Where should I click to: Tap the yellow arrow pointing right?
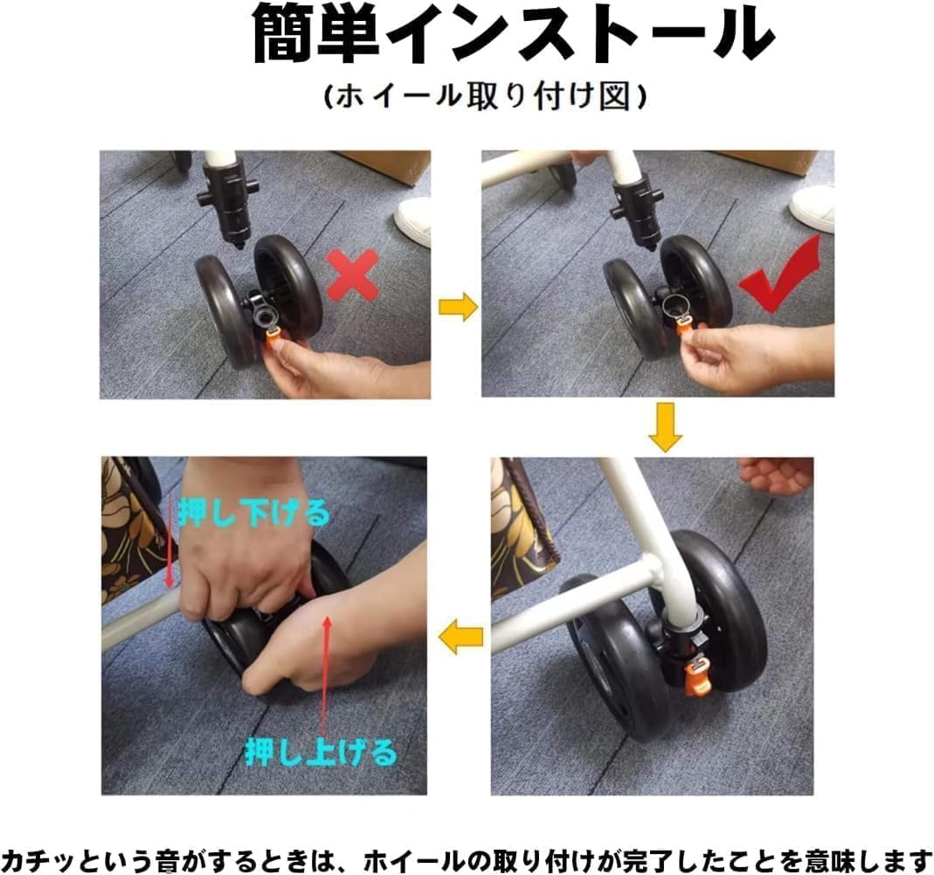click(x=457, y=308)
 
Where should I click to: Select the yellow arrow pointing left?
click(x=460, y=638)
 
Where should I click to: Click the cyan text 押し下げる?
click(x=253, y=513)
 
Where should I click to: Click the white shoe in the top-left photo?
click(x=415, y=219)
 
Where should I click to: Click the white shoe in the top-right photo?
click(x=813, y=207)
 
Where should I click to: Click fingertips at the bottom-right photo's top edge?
click(x=776, y=475)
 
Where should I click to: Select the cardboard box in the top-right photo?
click(x=776, y=162)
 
